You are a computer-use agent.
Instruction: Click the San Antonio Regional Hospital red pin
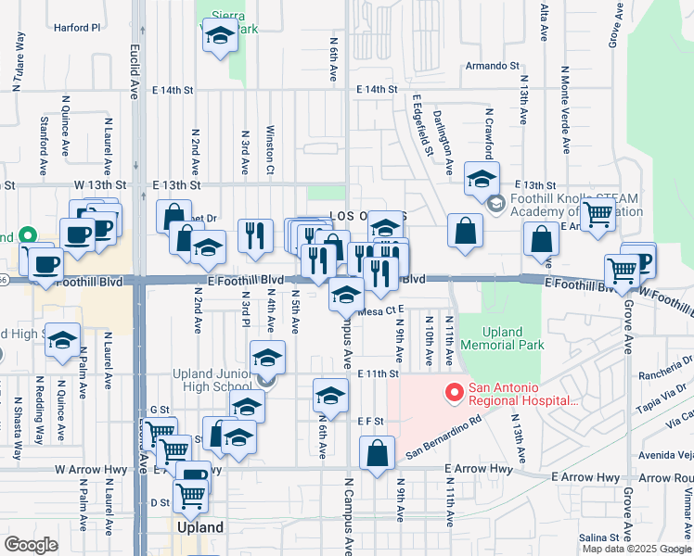[454, 393]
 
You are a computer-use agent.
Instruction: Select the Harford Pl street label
[76, 28]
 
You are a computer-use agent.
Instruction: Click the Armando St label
[492, 66]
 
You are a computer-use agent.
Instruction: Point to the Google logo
[31, 544]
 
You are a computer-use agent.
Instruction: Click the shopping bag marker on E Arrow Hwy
[377, 454]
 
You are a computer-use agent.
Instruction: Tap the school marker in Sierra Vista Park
[219, 37]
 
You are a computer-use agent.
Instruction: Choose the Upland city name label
[200, 527]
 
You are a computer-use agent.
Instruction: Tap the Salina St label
[598, 537]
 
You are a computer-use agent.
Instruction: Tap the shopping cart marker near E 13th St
[598, 214]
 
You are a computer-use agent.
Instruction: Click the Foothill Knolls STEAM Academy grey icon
[496, 203]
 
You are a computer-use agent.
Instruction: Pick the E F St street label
[371, 420]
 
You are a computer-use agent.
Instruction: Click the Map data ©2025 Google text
[636, 549]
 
